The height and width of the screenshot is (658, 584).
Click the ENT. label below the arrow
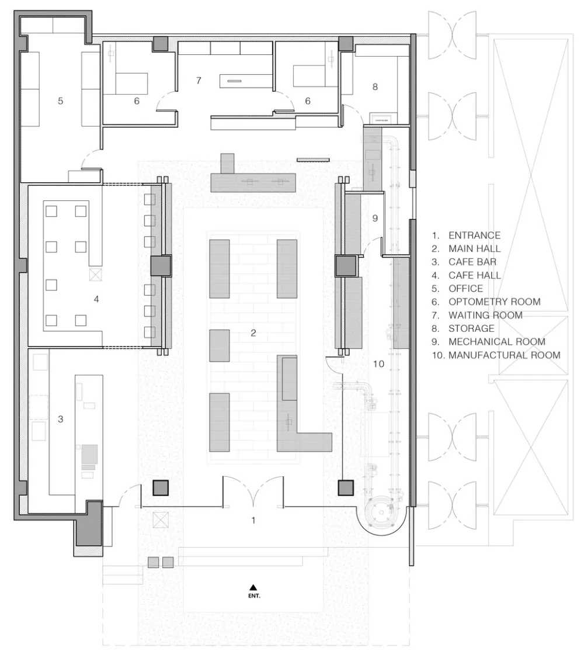pos(254,595)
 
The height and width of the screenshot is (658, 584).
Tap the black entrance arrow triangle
pos(253,587)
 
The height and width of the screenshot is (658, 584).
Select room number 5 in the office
pos(60,101)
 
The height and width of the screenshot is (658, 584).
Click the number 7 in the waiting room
pos(199,80)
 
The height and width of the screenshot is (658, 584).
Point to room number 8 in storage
pos(375,86)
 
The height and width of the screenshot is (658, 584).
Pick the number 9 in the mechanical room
pos(375,218)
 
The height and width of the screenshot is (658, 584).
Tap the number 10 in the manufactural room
pos(378,364)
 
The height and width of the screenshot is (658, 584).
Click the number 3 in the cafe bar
pos(60,419)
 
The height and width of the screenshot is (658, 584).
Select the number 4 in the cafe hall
pos(96,299)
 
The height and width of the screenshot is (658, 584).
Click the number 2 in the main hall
pos(253,333)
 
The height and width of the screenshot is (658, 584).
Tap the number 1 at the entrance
pos(253,520)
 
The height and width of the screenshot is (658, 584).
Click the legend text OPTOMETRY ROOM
pos(494,302)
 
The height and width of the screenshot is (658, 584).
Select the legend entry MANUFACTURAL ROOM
pos(505,355)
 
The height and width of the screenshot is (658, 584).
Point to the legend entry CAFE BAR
pos(472,262)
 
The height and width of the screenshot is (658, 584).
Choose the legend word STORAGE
pos(471,328)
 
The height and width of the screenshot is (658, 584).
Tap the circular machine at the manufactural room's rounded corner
pos(381,512)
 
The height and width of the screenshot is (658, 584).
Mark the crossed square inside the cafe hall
pos(96,275)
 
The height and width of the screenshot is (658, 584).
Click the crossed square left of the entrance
pos(161,520)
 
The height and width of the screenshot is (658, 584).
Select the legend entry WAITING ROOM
pos(485,315)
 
